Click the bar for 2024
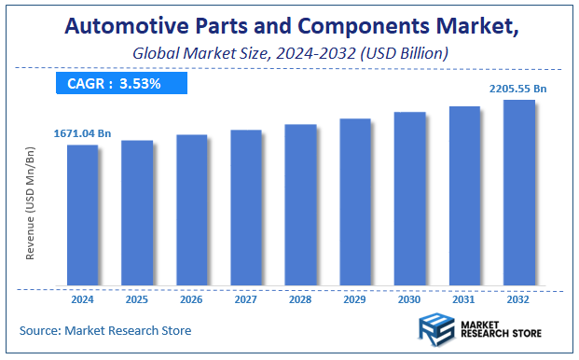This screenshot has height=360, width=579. click(82, 215)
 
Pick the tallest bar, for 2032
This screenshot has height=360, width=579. click(519, 192)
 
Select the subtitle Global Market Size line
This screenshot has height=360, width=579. click(289, 54)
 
